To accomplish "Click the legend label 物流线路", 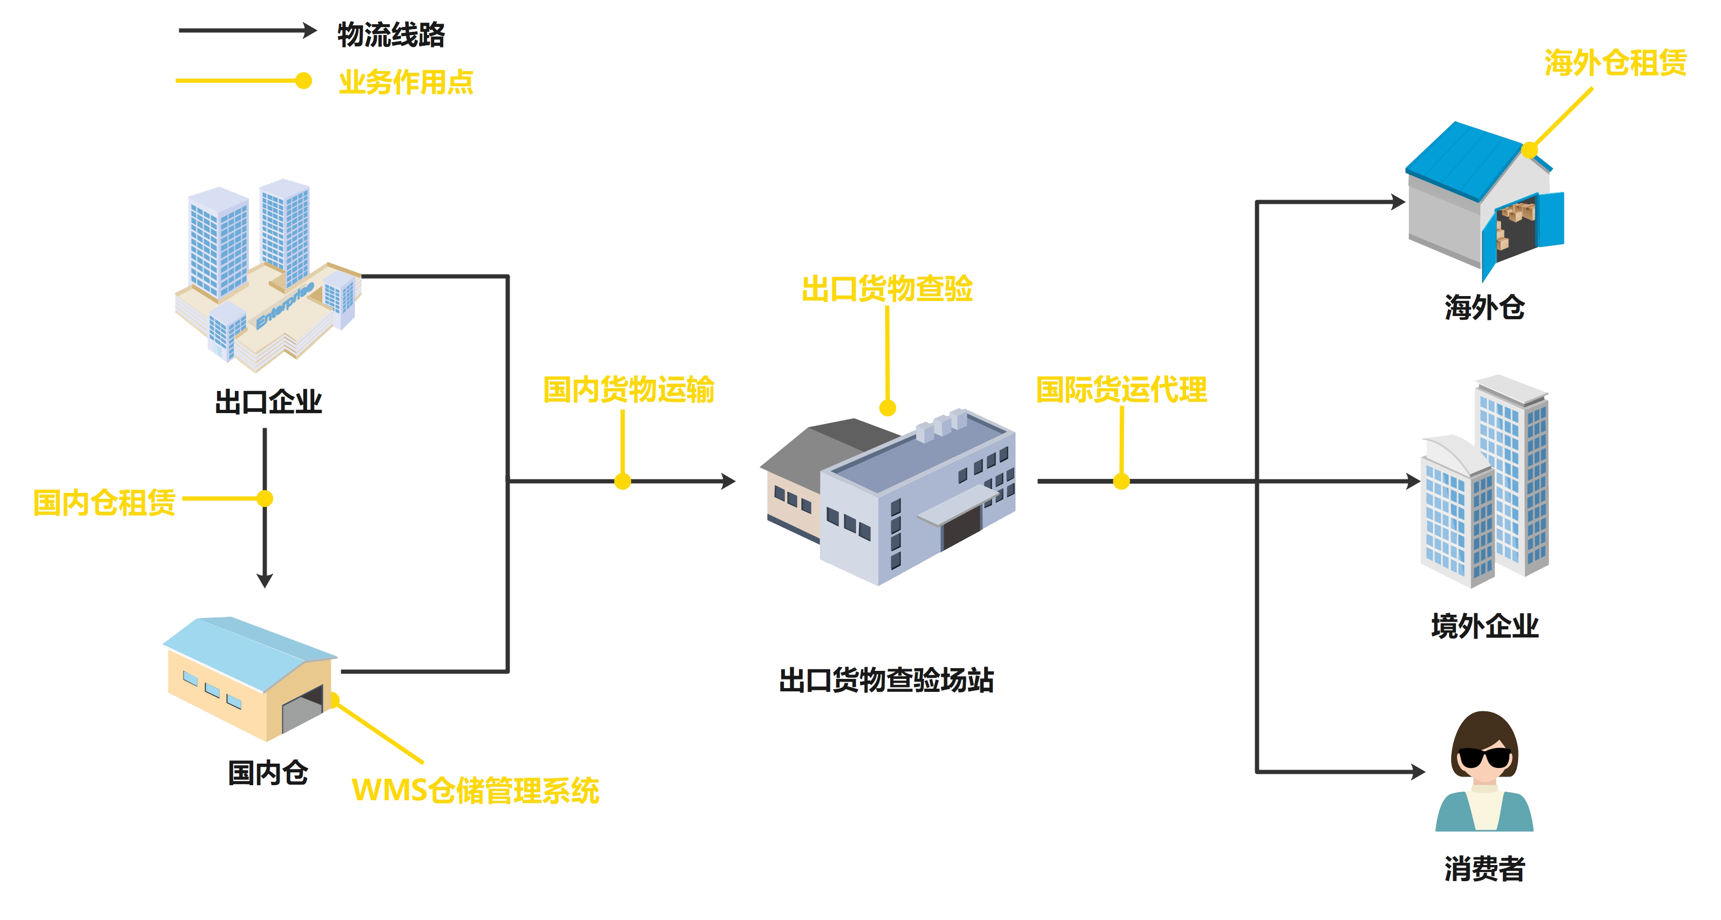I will pos(391,35).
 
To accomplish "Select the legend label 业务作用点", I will pos(405,82).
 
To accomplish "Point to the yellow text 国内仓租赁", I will pos(104,502).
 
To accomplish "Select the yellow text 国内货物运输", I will pos(629,390).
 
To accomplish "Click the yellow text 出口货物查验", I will pos(886,289).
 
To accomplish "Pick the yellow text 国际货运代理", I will pos(1122,390).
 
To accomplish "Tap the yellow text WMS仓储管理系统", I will pos(475,791).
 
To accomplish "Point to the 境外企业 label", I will pos(1485,626).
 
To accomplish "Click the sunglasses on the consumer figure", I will pos(1484,758).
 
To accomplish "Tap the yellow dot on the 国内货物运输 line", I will pos(622,480).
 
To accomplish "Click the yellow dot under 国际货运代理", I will pos(1122,480).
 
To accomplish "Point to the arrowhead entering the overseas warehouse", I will pos(1398,202).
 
